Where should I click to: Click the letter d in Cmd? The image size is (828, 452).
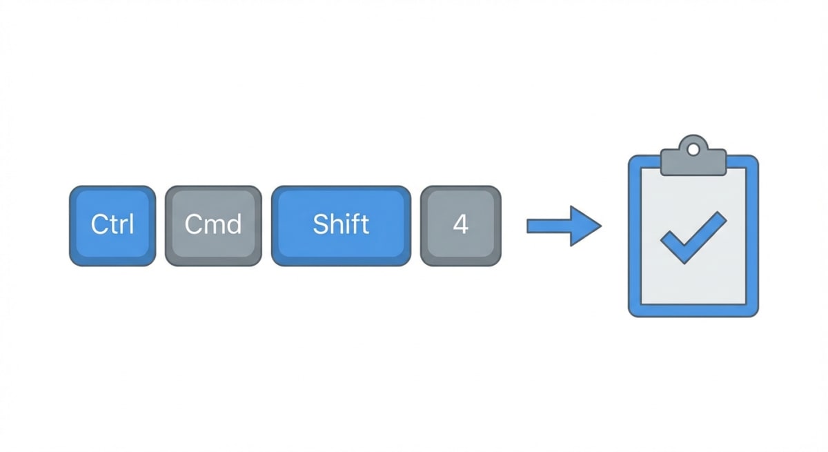[233, 224]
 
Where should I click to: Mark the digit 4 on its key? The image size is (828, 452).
[461, 225]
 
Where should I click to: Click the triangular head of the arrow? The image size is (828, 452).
[585, 226]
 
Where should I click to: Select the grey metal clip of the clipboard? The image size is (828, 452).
[693, 161]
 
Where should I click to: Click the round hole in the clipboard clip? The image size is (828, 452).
[693, 146]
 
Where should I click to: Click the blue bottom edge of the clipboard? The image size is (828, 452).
[693, 311]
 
